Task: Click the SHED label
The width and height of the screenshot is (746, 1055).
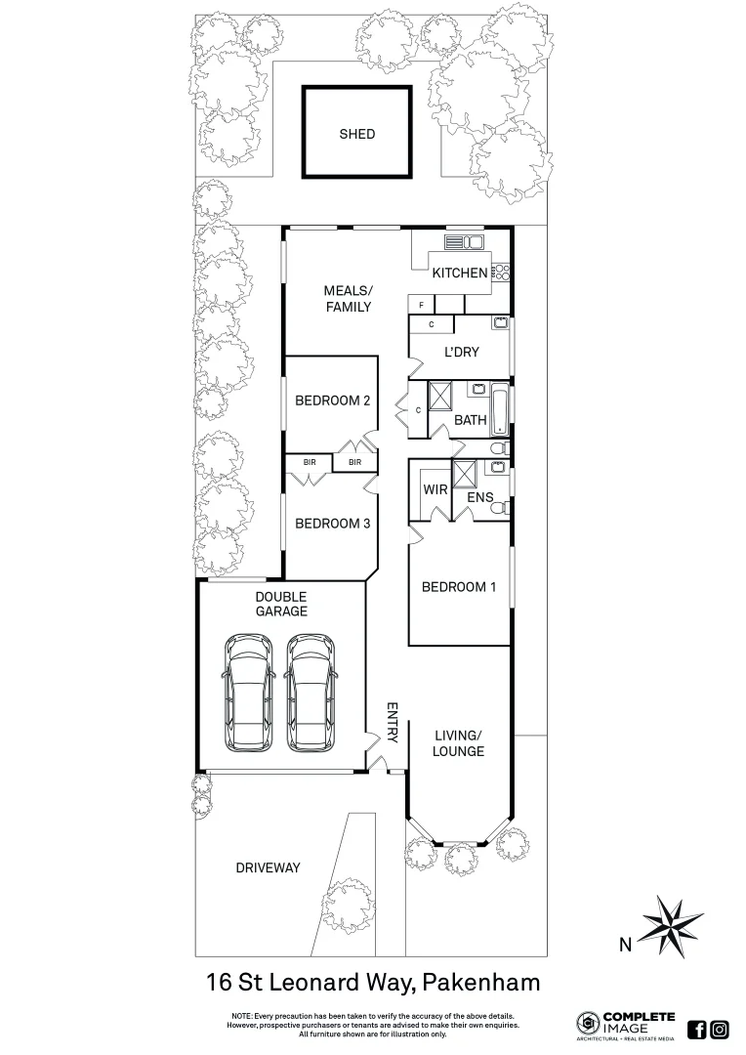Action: click(356, 134)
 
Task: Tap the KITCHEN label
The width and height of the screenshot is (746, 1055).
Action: click(460, 273)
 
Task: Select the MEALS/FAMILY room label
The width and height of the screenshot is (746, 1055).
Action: click(348, 299)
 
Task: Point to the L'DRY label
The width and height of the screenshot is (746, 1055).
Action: click(460, 353)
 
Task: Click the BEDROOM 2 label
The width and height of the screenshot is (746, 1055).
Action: click(332, 400)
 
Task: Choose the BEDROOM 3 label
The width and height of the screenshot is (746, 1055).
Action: click(332, 524)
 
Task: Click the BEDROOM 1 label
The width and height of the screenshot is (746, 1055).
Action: click(459, 587)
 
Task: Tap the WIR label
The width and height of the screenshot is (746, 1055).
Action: click(435, 488)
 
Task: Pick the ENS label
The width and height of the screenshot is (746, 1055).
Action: click(479, 498)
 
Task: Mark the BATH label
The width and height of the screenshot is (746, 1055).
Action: click(471, 420)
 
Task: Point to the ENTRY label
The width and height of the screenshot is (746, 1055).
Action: click(393, 723)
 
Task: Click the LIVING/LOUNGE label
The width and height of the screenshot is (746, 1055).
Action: click(459, 743)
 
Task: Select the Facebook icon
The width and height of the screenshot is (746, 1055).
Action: click(697, 1029)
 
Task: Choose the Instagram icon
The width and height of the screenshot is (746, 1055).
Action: click(720, 1029)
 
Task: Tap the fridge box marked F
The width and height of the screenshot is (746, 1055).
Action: click(421, 306)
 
